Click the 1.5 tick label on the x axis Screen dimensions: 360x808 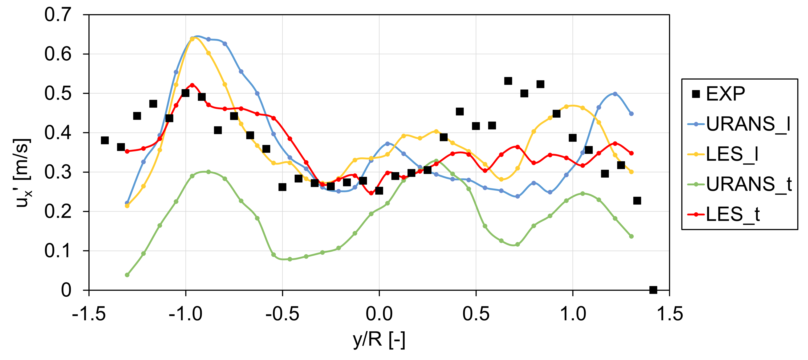click(669, 314)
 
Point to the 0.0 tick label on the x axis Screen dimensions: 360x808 click(379, 314)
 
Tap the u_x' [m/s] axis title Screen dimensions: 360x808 click(22, 172)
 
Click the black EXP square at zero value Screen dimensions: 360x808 click(653, 290)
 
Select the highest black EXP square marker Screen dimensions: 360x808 click(508, 81)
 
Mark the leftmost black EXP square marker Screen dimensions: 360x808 click(105, 140)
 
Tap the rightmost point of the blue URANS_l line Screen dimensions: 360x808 click(631, 114)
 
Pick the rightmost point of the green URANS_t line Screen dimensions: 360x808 click(631, 236)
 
